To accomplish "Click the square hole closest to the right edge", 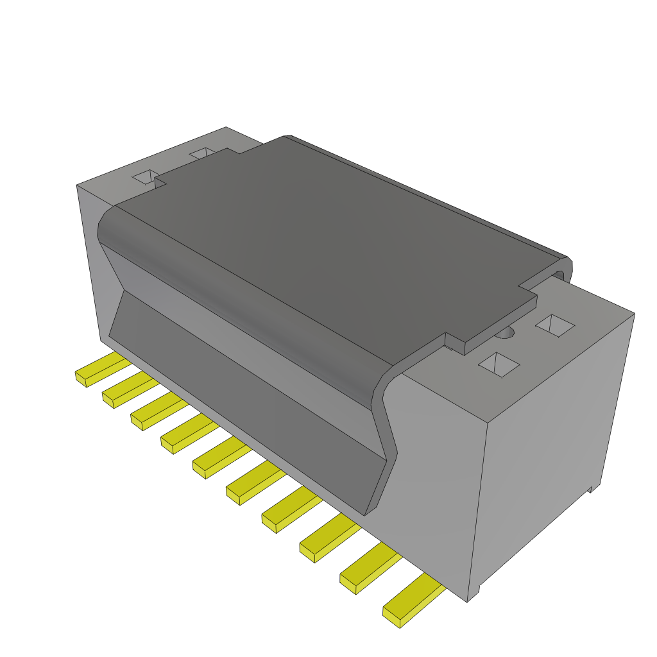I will point(555,325).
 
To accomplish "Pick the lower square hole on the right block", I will point(499,364).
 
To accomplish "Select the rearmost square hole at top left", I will point(203,153).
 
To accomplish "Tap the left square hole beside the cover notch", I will point(145,177).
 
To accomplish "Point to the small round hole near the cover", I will point(507,332).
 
